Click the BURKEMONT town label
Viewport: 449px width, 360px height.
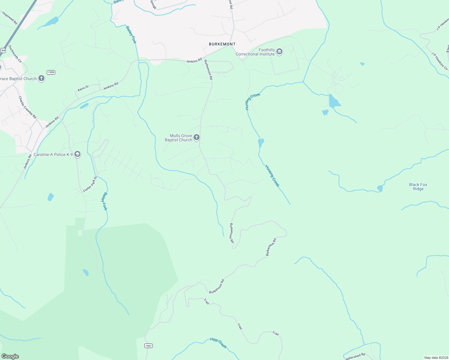pos(222,44)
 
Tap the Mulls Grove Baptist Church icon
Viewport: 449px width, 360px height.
pos(197,137)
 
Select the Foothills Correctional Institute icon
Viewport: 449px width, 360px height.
pos(280,52)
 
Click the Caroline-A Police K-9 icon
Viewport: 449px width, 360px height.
pos(77,154)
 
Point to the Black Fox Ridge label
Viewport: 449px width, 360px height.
pos(418,187)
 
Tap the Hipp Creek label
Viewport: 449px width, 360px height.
pos(218,343)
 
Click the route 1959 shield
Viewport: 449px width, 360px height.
pos(51,72)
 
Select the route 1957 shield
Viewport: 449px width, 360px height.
pos(148,346)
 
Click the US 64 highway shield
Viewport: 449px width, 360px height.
pos(3,50)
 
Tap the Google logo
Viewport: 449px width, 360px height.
pos(10,356)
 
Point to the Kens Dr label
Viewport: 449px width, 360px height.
pos(83,88)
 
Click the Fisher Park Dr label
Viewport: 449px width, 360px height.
pos(90,184)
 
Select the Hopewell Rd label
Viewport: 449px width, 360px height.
pos(10,18)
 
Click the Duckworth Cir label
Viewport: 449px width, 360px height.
pos(15,54)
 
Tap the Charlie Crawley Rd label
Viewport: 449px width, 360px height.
pos(27,107)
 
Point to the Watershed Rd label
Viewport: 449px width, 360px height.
pos(355,356)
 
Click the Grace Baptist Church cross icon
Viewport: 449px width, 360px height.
pos(41,79)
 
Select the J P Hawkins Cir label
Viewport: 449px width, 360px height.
pos(440,61)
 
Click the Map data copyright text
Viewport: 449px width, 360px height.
pos(436,358)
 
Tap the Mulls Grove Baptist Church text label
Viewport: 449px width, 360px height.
pos(179,138)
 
